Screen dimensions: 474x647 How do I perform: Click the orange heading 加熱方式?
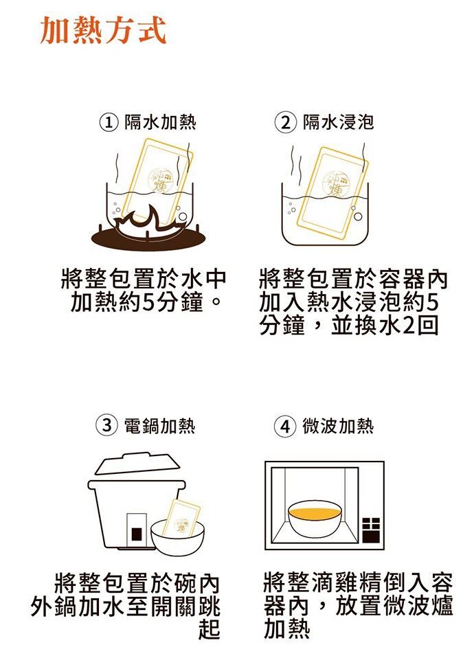click(103, 30)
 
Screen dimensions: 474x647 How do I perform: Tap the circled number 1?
click(109, 122)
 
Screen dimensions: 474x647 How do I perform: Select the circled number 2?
click(286, 122)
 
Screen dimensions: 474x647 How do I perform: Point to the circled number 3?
click(107, 425)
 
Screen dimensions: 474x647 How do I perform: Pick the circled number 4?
click(285, 427)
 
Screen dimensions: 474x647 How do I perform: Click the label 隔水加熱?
click(160, 122)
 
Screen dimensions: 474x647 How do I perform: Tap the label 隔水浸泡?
click(338, 122)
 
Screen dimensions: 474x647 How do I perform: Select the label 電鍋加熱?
click(160, 426)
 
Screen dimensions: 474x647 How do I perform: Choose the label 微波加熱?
click(338, 426)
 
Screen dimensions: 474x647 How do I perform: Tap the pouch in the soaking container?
click(332, 193)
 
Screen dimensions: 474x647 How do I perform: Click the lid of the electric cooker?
click(138, 464)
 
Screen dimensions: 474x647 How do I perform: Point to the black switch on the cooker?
click(137, 534)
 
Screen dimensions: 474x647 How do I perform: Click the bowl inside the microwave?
click(315, 519)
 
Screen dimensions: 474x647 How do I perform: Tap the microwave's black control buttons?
click(371, 530)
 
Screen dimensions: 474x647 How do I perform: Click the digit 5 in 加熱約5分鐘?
click(148, 302)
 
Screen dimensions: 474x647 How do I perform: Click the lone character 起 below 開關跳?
click(209, 629)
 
